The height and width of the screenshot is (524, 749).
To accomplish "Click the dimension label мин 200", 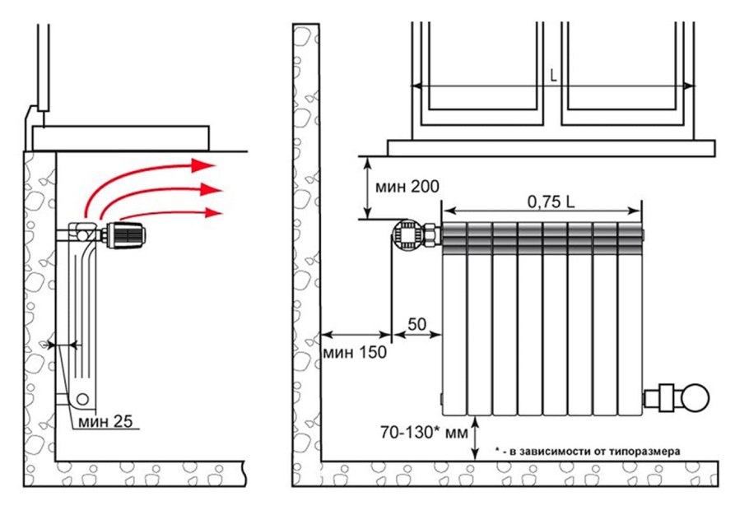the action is pos(407,186).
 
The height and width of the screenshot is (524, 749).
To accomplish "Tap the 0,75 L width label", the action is pos(551,202).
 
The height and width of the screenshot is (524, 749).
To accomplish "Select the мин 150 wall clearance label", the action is pos(355,352).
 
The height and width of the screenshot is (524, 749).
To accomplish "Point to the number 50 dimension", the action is pos(416,324).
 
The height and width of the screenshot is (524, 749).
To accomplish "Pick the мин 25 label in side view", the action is pos(105,421).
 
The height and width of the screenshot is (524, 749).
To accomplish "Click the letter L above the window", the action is pos(553,76).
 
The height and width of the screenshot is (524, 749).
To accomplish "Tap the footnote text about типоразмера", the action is pos(588,451).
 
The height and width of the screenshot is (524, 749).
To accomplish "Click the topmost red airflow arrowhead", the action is pos(202,165).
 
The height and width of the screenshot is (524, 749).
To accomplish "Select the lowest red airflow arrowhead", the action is pos(213,212).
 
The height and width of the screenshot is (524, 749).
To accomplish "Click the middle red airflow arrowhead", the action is pos(212,189).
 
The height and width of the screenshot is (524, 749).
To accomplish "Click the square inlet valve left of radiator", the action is pos(408,234).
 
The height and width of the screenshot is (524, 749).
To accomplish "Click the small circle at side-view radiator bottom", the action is pos(82,398).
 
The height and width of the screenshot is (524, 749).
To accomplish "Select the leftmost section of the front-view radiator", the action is pos(454,318).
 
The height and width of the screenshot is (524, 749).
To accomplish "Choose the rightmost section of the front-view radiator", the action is pos(630,318).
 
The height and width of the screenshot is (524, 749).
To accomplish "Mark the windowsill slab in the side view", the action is pos(120,138).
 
